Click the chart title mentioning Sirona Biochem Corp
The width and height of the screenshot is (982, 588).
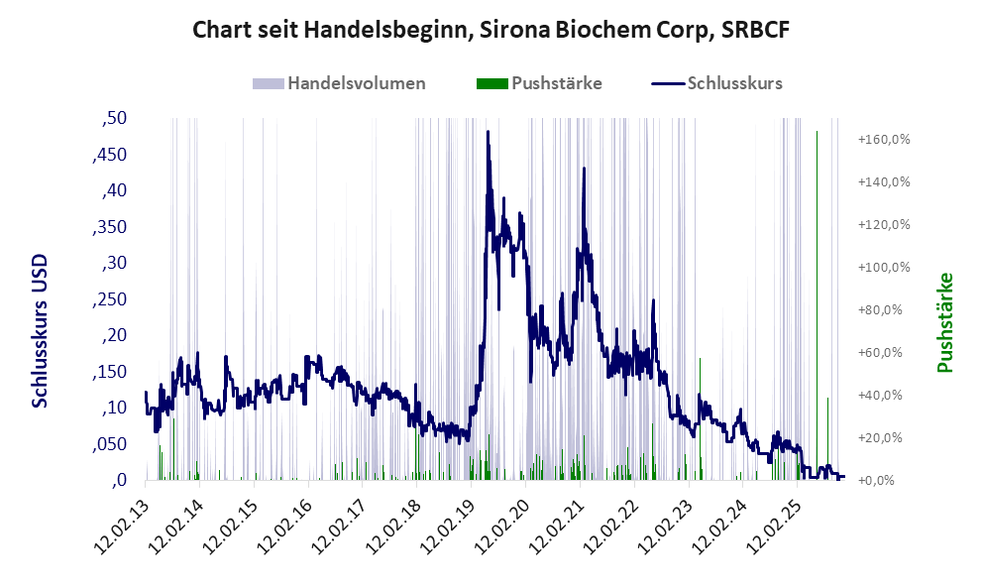(x=491, y=31)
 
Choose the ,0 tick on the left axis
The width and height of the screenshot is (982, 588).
(x=119, y=480)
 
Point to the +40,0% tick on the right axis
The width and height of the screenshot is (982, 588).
(x=884, y=396)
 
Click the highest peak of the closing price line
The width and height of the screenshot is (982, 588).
(x=488, y=132)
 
